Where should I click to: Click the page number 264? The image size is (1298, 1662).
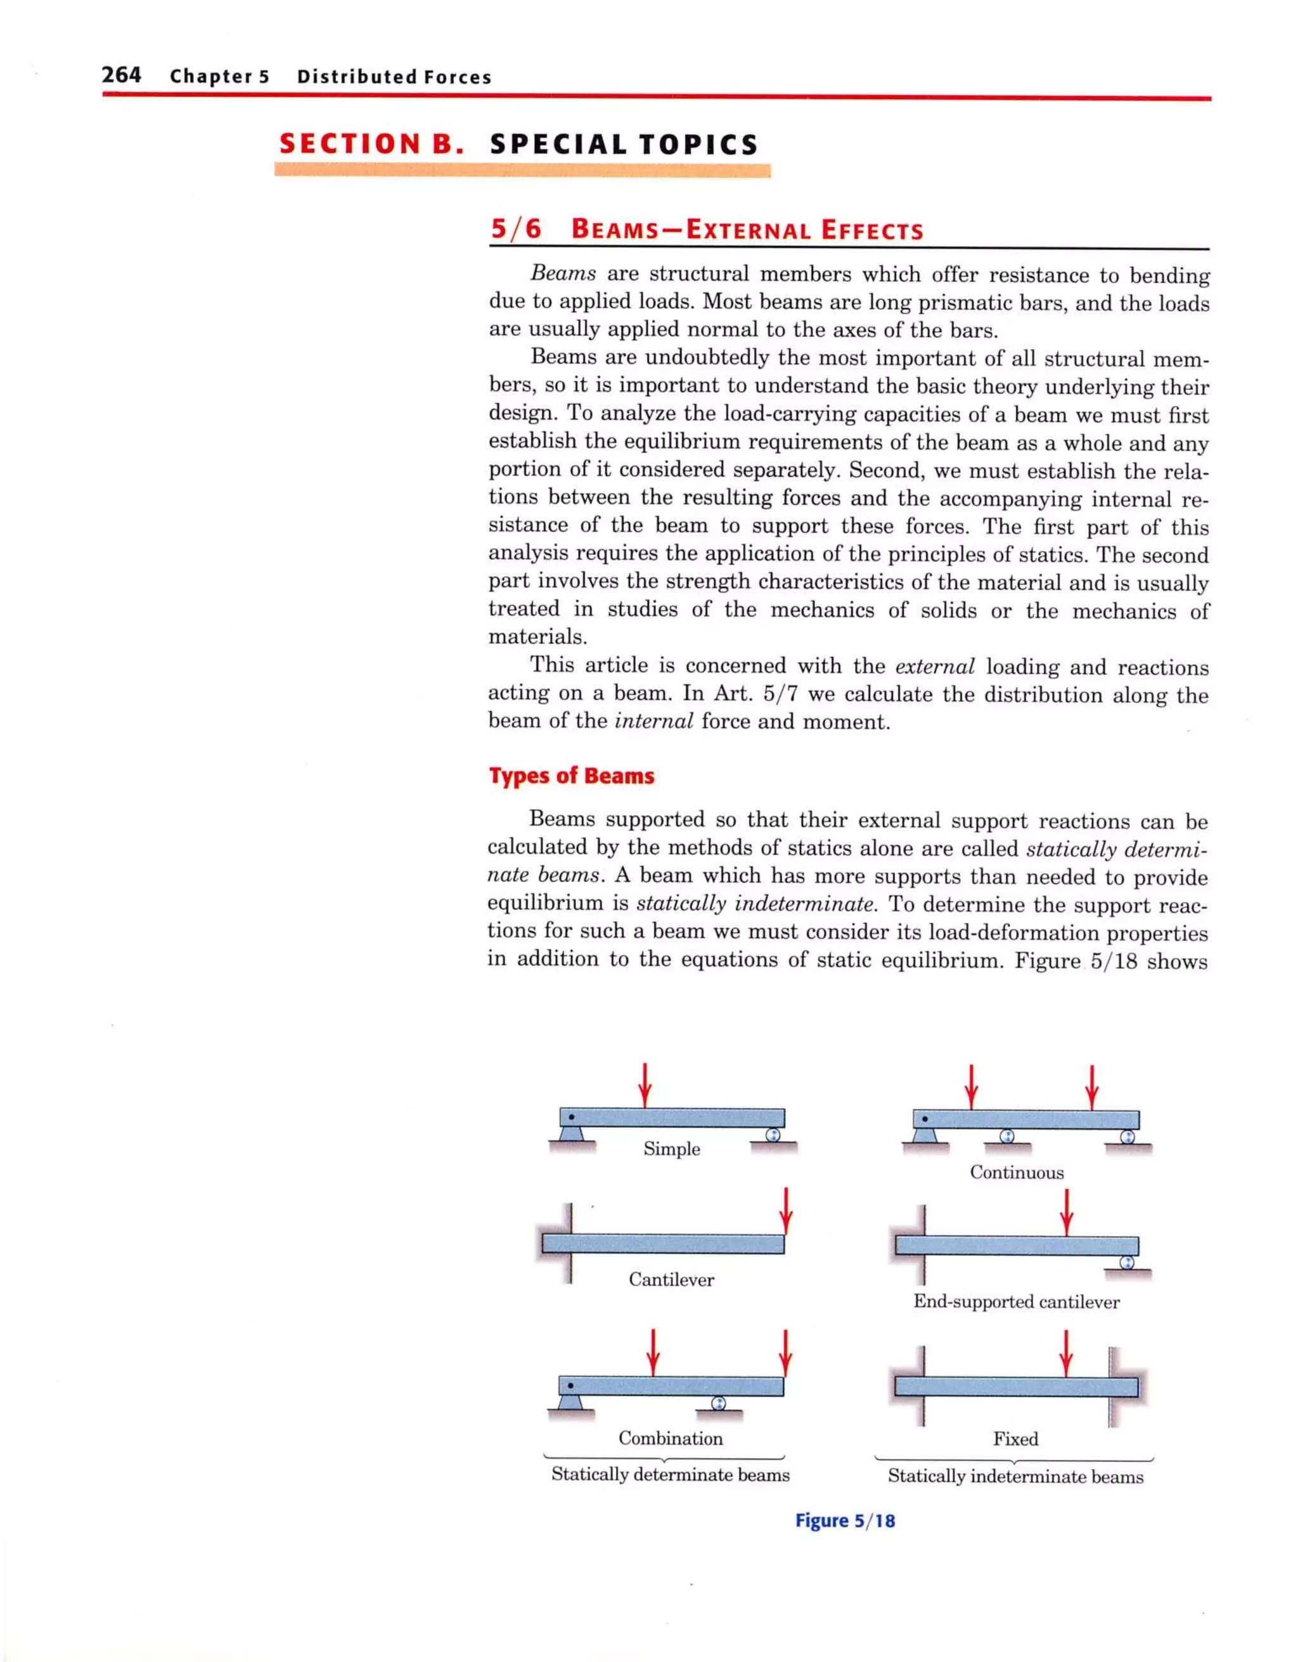coord(121,75)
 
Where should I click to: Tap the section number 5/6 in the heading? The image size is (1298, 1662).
coord(515,229)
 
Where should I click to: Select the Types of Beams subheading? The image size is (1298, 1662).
coord(571,776)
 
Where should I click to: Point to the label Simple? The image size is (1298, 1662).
coord(671,1148)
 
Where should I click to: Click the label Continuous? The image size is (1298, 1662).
coord(1017,1172)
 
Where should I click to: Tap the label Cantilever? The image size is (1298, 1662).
coord(671,1279)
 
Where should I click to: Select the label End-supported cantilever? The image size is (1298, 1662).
coord(1017,1301)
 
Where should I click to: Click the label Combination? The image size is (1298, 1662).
coord(670,1438)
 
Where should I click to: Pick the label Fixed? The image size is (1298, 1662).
coord(1015,1438)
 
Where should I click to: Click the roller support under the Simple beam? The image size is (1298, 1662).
coord(773,1135)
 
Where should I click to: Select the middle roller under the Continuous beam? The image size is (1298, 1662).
coord(1006,1136)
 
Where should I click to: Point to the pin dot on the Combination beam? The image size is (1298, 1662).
coord(570,1385)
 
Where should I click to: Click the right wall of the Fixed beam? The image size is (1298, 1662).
coord(1114,1386)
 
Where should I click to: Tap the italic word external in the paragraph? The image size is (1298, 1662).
coord(934,667)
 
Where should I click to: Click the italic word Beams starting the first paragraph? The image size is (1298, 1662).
coord(563,273)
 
